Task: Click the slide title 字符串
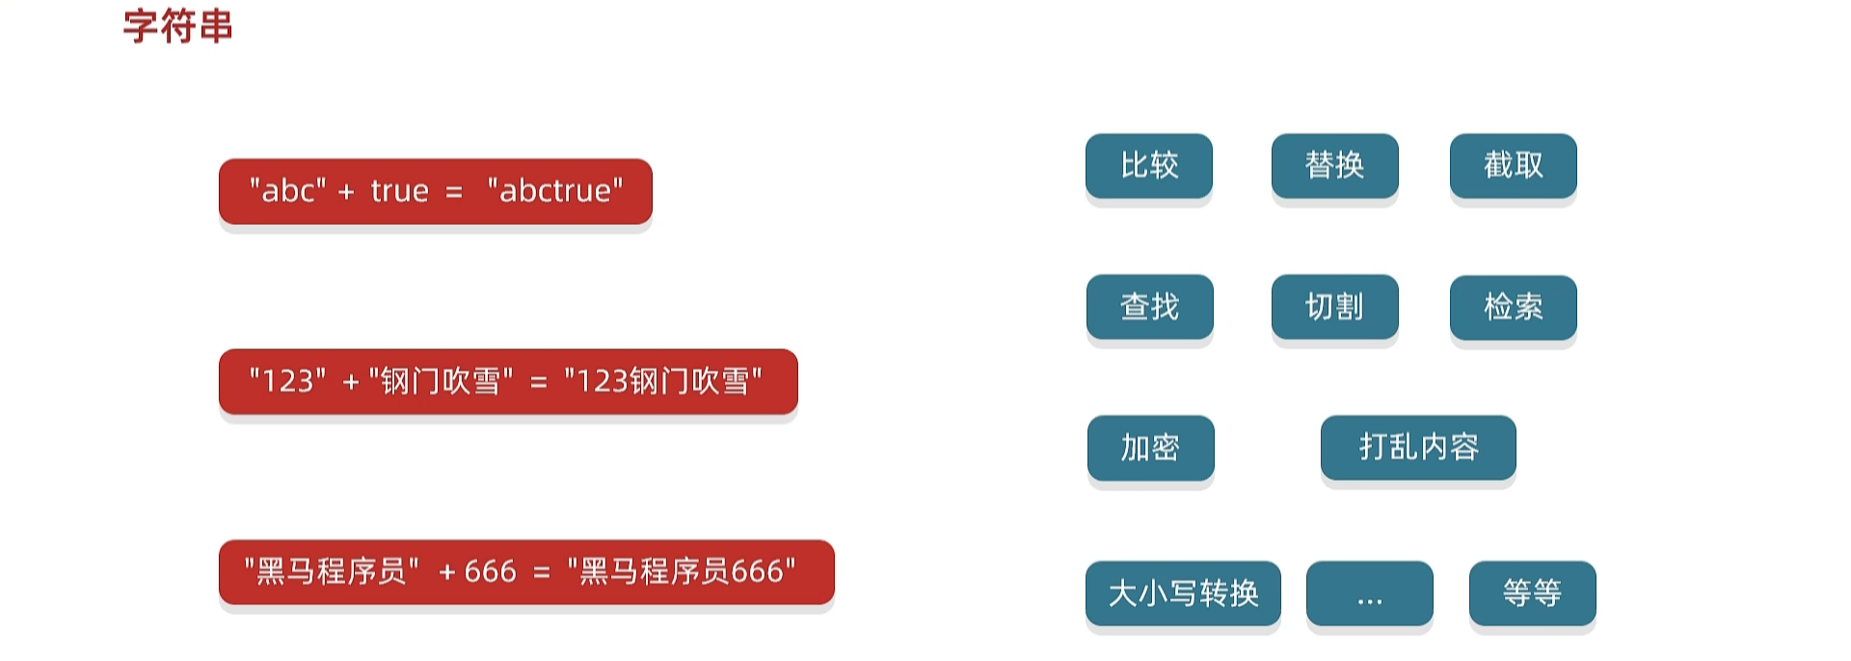click(x=178, y=26)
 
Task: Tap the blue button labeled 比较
click(x=1149, y=166)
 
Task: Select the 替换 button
click(x=1334, y=166)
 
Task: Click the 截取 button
click(x=1513, y=166)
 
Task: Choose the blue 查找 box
click(x=1149, y=307)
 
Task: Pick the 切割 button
click(x=1334, y=307)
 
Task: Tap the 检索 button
click(x=1513, y=307)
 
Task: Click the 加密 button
click(x=1150, y=448)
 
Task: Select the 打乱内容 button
click(x=1418, y=448)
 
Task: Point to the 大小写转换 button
click(x=1183, y=593)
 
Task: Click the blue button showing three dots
click(x=1369, y=593)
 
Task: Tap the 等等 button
click(x=1532, y=593)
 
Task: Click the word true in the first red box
click(x=399, y=191)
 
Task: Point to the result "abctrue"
click(x=555, y=191)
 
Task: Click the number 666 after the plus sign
click(x=490, y=572)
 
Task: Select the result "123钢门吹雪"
click(x=663, y=381)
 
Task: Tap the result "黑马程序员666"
click(x=682, y=572)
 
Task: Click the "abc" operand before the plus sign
click(x=287, y=191)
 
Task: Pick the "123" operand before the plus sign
click(x=287, y=381)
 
